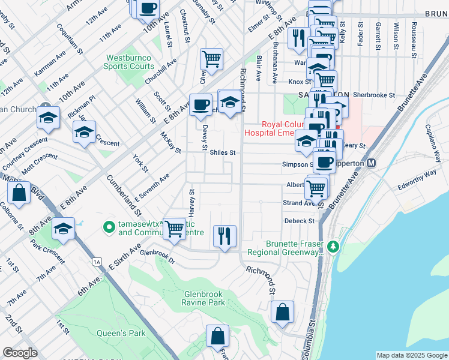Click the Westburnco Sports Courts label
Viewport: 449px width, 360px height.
(130, 62)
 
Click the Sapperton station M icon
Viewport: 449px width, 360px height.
(371, 163)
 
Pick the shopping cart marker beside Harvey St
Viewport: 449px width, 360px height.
(175, 229)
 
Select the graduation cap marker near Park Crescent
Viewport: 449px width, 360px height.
(63, 229)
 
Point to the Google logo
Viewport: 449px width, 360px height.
(20, 353)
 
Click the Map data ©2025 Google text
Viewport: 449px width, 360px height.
(411, 355)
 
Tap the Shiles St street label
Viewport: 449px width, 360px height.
(222, 153)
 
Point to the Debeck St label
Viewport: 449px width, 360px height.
(299, 221)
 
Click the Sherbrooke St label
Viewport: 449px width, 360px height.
(373, 95)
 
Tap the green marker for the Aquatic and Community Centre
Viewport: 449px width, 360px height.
(109, 227)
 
